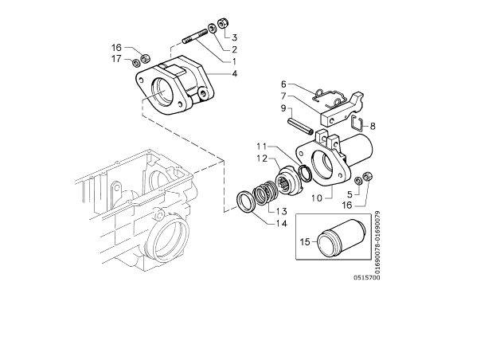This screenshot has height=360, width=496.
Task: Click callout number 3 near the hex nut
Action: [x=234, y=37]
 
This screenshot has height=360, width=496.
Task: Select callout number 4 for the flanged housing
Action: [x=234, y=74]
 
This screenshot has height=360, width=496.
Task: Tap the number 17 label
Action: [x=116, y=59]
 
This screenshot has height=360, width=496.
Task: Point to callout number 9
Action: [x=283, y=108]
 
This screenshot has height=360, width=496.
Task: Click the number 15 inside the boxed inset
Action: [x=305, y=242]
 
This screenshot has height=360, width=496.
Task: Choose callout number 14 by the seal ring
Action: [x=281, y=224]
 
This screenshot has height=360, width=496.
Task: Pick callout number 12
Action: [x=262, y=158]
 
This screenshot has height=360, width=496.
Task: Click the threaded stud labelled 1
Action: [x=194, y=36]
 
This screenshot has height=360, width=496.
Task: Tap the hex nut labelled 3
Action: [x=223, y=23]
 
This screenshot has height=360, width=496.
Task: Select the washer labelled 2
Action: [x=212, y=28]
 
